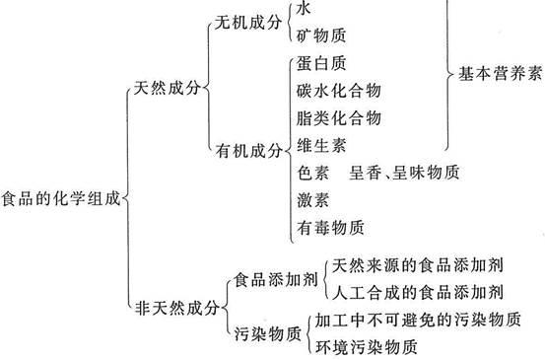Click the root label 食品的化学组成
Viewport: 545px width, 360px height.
click(61, 198)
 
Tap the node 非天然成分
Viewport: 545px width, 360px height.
click(175, 308)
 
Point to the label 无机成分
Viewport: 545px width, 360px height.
click(246, 23)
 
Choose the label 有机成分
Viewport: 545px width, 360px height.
click(246, 152)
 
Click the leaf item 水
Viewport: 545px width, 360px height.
click(304, 7)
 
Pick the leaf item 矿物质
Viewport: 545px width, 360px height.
click(319, 36)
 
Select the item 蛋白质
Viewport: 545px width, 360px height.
click(319, 65)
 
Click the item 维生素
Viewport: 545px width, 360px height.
click(319, 146)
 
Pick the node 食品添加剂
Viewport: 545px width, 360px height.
click(270, 278)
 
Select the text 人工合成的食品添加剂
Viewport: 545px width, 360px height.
click(419, 292)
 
